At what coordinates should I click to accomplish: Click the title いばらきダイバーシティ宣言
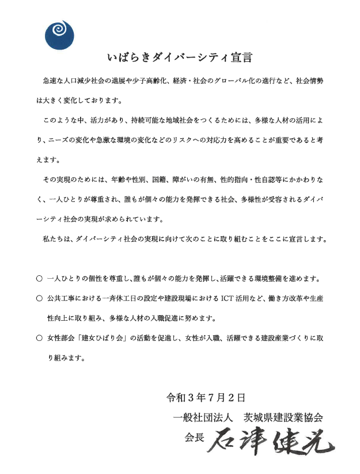(x=179, y=58)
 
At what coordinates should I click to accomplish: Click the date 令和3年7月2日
(x=206, y=397)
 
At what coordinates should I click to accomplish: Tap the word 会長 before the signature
(x=194, y=437)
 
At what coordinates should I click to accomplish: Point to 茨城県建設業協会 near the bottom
(x=282, y=416)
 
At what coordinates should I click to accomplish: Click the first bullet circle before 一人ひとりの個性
(x=39, y=279)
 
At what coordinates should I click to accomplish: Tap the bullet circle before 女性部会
(x=39, y=338)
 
